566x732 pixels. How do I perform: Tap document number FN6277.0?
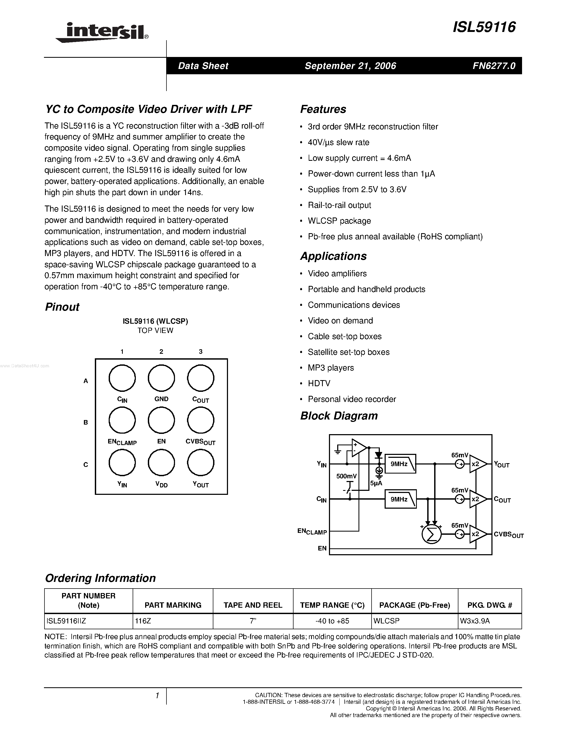coord(494,66)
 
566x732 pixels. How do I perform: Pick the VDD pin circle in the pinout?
coord(161,463)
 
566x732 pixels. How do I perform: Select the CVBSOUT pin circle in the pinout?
coord(201,420)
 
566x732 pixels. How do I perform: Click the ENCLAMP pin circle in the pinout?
coord(122,420)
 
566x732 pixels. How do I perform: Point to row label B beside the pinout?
coord(85,422)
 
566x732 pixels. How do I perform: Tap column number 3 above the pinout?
coord(201,352)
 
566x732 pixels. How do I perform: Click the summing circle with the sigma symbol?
coord(431,534)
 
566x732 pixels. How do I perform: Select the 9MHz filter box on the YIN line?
coord(400,464)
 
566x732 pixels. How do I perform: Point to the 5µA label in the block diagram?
coord(376,483)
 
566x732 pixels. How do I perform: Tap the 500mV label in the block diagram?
coord(346,476)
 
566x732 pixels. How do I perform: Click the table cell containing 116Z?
coord(173,621)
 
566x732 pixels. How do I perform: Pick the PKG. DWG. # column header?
coord(490,605)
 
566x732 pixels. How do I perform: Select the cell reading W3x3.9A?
coord(490,621)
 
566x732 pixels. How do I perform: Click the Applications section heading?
coord(333,256)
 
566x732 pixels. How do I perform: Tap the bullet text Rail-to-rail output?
coord(339,205)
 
